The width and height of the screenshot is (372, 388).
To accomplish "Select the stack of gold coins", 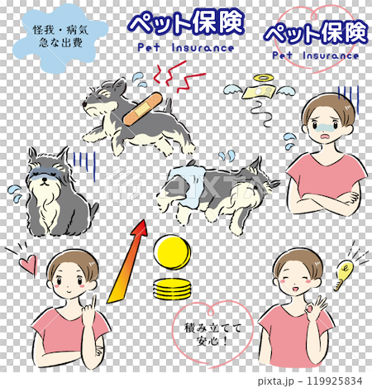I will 171,290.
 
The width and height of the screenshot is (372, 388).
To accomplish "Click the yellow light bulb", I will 344,272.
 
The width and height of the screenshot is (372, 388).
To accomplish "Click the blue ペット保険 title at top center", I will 185,24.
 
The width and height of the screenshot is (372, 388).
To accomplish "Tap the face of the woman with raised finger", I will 69,281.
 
